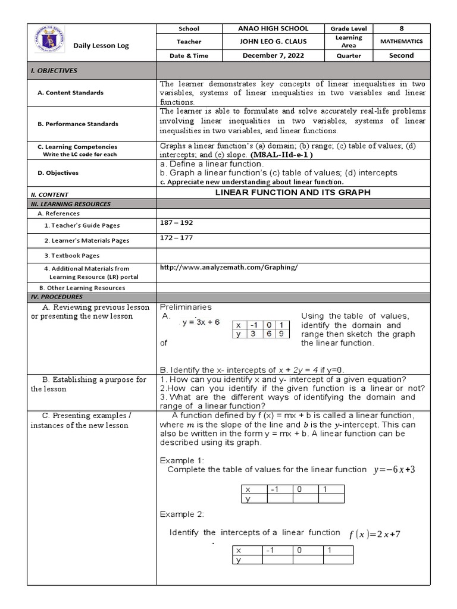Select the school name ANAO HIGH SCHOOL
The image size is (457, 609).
point(273,29)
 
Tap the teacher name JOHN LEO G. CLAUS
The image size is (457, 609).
point(273,42)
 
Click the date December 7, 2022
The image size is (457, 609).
point(273,55)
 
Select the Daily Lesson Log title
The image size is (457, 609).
point(101,46)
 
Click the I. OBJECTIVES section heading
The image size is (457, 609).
point(54,71)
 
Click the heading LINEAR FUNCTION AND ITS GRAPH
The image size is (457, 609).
point(292,193)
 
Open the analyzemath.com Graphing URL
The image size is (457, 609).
point(228,268)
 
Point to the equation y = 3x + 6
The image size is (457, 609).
point(201,322)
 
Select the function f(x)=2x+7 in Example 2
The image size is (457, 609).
point(375,534)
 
